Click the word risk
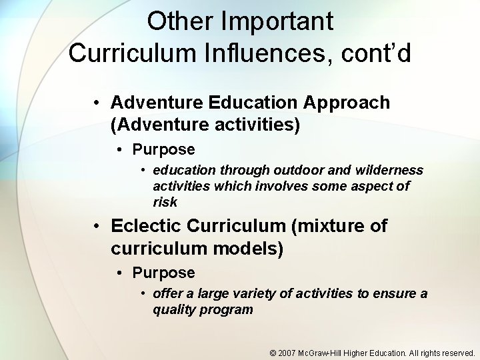tap(165, 201)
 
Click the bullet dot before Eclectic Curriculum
tap(97, 227)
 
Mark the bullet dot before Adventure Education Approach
tap(97, 103)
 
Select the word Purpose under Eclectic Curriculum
tap(163, 273)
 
